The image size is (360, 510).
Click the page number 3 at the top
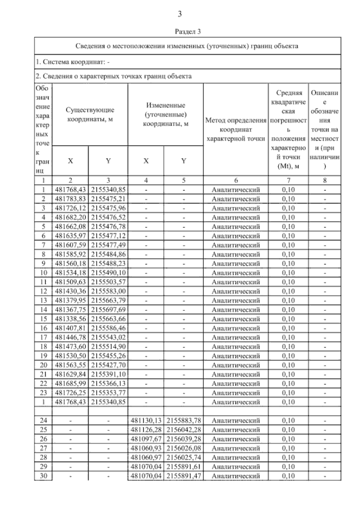tap(180, 14)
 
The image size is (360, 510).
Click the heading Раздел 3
tap(187, 31)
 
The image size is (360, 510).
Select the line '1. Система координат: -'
tap(73, 62)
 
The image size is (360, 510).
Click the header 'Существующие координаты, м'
tap(90, 114)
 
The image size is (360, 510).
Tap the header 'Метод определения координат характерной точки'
tap(236, 129)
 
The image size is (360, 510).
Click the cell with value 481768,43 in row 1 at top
tap(70, 190)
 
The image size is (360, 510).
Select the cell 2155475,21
tap(108, 199)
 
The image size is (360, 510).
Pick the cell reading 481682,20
tap(70, 217)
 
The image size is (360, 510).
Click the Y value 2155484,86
tap(108, 254)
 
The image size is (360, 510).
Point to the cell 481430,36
tap(70, 291)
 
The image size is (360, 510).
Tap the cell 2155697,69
tap(108, 310)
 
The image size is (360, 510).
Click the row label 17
tap(43, 337)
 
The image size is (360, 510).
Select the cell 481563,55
tap(70, 365)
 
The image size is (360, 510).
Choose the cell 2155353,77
tap(108, 393)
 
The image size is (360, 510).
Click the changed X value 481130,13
tap(146, 421)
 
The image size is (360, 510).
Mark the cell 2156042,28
tap(184, 430)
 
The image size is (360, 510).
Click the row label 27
tap(43, 448)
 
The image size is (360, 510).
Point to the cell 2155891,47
tap(184, 476)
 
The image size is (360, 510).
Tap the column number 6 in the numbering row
tap(236, 180)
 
